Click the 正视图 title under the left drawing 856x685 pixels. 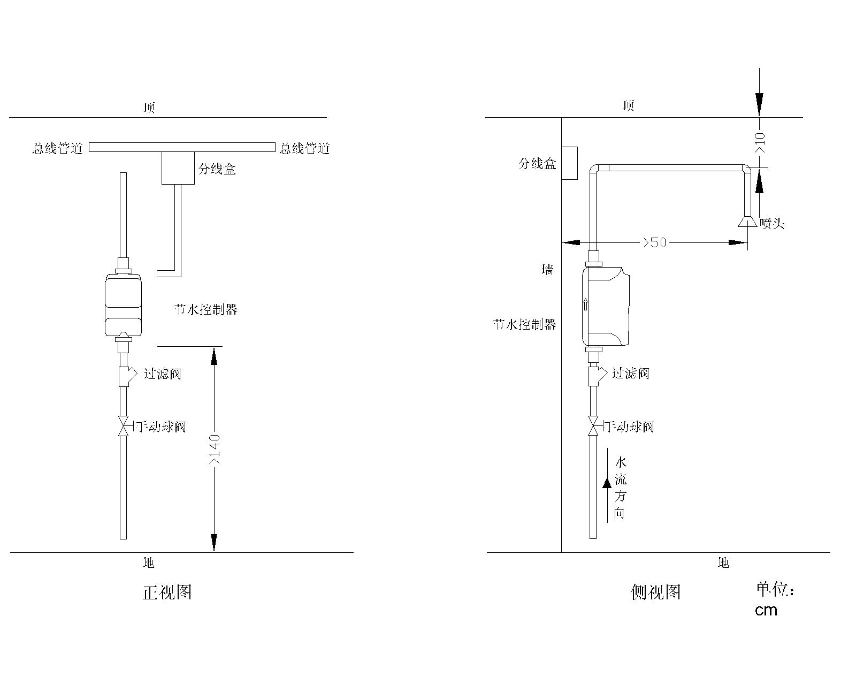pyautogui.click(x=167, y=592)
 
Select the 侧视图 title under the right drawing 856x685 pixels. pyautogui.click(x=655, y=592)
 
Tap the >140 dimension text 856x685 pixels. pyautogui.click(x=215, y=450)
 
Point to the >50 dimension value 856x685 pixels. pyautogui.click(x=655, y=242)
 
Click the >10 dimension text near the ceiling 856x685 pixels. pyautogui.click(x=759, y=143)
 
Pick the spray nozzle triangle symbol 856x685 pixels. pyautogui.click(x=748, y=222)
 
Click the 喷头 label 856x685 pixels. pyautogui.click(x=772, y=223)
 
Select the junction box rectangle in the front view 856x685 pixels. pyautogui.click(x=178, y=168)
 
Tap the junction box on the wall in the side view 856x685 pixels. pyautogui.click(x=570, y=163)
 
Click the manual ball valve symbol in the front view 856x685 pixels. pyautogui.click(x=123, y=427)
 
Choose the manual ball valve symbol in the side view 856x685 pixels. pyautogui.click(x=593, y=427)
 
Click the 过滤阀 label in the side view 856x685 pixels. pyautogui.click(x=631, y=374)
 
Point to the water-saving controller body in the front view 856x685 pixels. pyautogui.click(x=123, y=305)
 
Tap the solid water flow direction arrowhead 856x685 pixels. pyautogui.click(x=607, y=483)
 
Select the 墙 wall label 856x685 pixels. pyautogui.click(x=548, y=270)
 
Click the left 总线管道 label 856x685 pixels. pyautogui.click(x=58, y=148)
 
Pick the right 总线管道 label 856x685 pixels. pyautogui.click(x=305, y=148)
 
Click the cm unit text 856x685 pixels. pyautogui.click(x=766, y=610)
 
